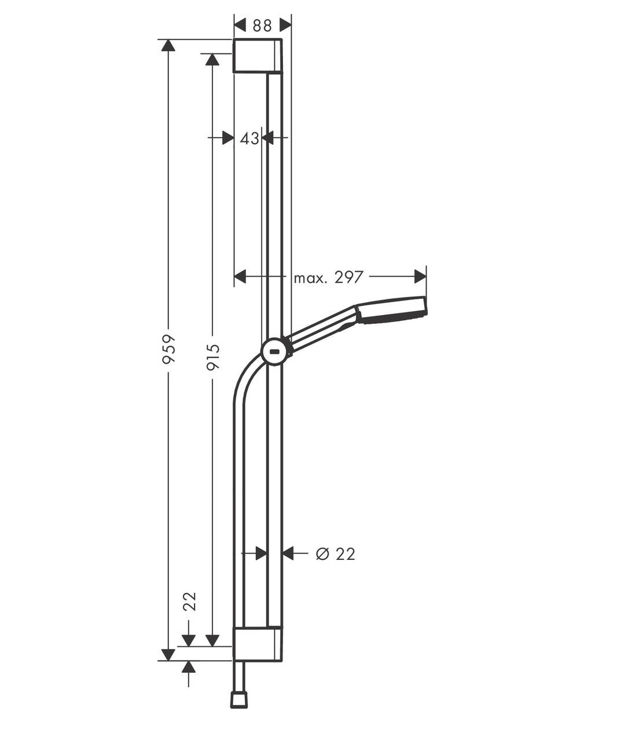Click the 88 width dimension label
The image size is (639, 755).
click(262, 25)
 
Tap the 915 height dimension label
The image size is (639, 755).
click(213, 357)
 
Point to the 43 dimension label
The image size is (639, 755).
click(249, 138)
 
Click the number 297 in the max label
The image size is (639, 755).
click(348, 277)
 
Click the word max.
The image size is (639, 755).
click(310, 278)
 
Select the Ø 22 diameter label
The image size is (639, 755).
click(335, 554)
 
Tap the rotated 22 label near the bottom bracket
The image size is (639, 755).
click(189, 602)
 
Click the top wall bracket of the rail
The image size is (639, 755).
click(258, 56)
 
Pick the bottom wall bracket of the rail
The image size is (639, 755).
click(258, 644)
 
